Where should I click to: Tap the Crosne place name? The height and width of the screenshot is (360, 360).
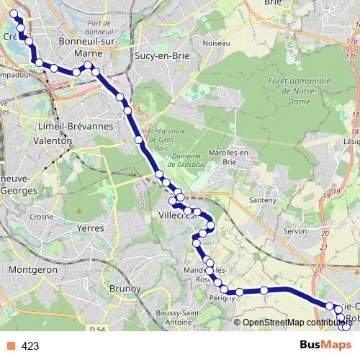click(42, 215)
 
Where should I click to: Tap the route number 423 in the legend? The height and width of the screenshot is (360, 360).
click(30, 346)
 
